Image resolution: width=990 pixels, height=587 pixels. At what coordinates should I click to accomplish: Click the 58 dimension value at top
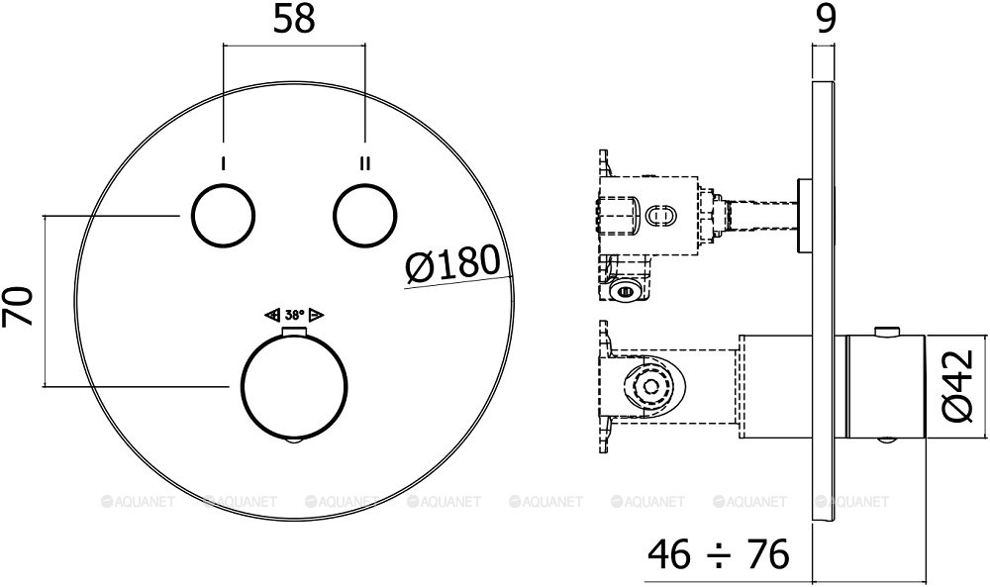click(294, 20)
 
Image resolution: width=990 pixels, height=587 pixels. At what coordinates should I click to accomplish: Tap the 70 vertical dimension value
click(18, 306)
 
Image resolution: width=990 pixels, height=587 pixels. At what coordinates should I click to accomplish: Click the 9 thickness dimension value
click(826, 20)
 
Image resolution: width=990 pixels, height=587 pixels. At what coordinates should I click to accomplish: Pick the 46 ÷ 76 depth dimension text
click(719, 554)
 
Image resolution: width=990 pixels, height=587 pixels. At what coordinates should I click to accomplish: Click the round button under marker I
click(223, 216)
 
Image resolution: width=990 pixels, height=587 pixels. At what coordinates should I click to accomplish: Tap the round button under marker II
click(365, 216)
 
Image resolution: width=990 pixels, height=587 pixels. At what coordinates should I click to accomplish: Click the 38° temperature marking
click(294, 315)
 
